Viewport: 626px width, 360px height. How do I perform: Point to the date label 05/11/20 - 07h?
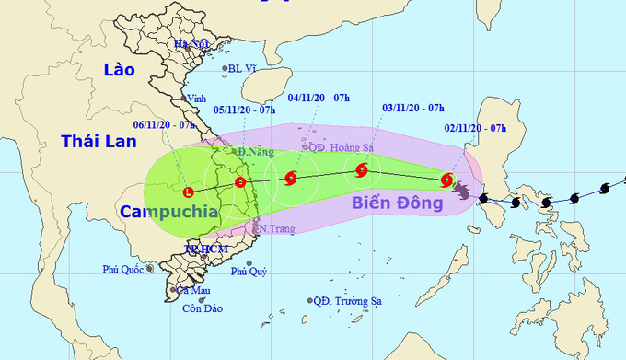click(244, 110)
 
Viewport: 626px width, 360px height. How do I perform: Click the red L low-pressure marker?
click(189, 192)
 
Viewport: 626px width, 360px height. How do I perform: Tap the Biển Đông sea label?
click(395, 203)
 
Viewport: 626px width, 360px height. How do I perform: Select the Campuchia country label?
click(169, 211)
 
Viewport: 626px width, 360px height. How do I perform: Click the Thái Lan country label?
click(94, 141)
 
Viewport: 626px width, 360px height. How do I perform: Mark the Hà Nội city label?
click(193, 44)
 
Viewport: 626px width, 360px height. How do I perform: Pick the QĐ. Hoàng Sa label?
click(341, 145)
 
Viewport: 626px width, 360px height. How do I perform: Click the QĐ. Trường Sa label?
click(347, 300)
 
